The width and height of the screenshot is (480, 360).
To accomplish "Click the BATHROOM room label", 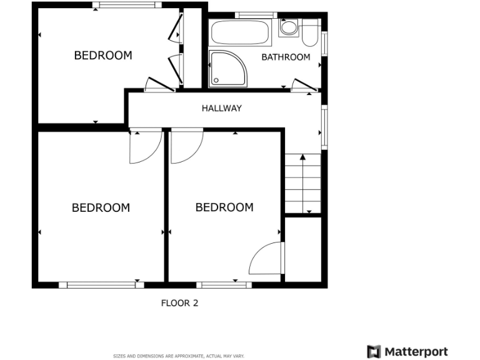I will click(285, 57).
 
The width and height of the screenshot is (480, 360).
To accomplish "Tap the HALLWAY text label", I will click(221, 108).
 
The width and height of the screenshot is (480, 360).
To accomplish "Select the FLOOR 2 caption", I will click(179, 303).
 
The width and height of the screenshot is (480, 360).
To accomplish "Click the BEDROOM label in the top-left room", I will click(103, 55).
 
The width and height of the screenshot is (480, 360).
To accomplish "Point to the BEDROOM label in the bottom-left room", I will click(101, 207).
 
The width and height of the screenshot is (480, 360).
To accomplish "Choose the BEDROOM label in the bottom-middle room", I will click(224, 207).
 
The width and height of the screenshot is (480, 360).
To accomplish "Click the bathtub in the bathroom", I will click(241, 31).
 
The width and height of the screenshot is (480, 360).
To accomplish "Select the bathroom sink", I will click(289, 27).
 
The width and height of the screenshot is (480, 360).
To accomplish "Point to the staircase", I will click(303, 184).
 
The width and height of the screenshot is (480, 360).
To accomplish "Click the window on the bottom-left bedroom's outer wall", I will click(101, 285).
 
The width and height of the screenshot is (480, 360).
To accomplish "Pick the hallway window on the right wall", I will click(324, 127).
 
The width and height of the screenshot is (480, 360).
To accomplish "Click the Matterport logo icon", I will click(374, 351).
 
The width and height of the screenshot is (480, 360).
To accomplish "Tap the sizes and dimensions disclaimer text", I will click(178, 356).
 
